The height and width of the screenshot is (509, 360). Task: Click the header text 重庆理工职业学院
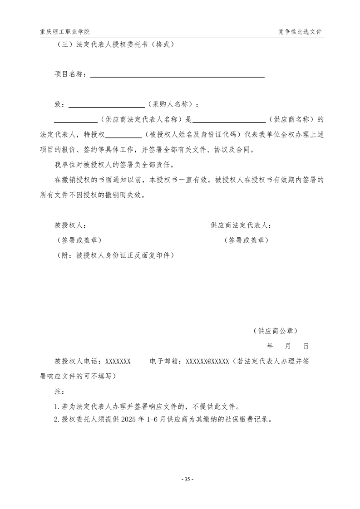click(x=64, y=32)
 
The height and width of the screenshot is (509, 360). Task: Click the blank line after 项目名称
click(x=177, y=75)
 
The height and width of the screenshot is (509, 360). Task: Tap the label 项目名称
click(x=69, y=74)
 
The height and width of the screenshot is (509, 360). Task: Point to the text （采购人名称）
click(x=170, y=104)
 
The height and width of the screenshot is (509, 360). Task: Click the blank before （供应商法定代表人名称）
click(x=75, y=121)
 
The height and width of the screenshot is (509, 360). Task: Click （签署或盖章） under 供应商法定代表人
click(x=246, y=240)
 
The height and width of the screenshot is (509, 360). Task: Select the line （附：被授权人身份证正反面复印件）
click(x=114, y=255)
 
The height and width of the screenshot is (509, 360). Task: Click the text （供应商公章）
click(x=276, y=331)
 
